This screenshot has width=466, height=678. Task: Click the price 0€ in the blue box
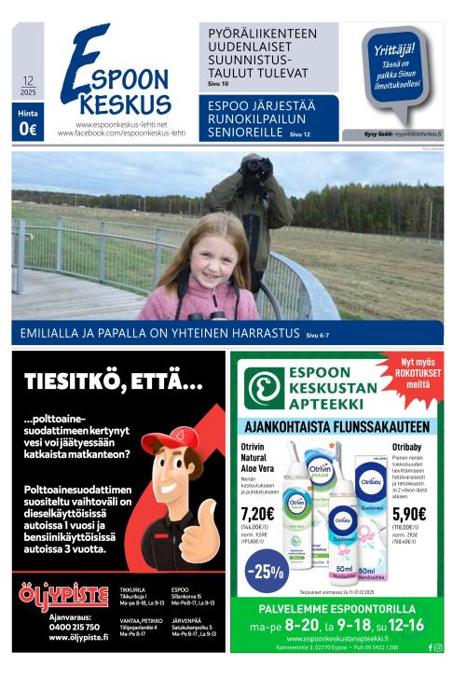(28, 131)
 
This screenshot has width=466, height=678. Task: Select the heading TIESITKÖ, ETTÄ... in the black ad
(113, 381)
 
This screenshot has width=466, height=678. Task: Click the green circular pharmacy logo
(265, 387)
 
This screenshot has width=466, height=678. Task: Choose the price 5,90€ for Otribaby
(408, 513)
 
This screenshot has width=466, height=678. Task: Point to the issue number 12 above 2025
(28, 81)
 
